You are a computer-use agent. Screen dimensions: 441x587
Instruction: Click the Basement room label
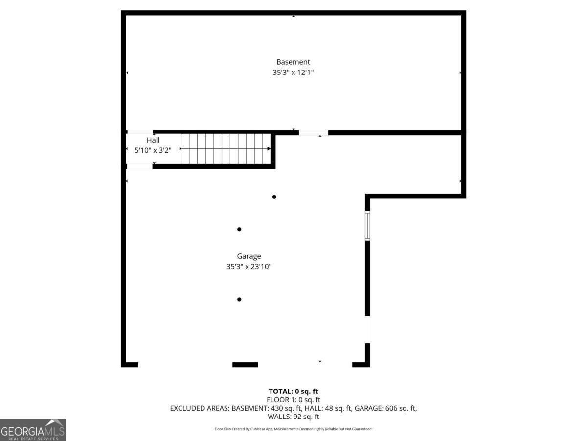[x=293, y=62]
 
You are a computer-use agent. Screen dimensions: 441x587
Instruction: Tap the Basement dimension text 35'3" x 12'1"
[x=293, y=73]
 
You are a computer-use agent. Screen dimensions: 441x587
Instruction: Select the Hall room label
[x=153, y=140]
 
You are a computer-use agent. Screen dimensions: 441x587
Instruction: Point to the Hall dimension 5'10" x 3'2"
[x=153, y=150]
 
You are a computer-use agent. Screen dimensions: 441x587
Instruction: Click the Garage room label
[x=249, y=256]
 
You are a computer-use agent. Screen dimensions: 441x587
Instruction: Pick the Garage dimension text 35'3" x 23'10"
[x=249, y=267]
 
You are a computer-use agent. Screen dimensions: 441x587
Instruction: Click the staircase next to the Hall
[x=225, y=148]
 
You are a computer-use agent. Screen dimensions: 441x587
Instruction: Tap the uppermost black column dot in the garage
[x=274, y=197]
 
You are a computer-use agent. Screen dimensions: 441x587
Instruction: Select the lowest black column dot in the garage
[x=239, y=299]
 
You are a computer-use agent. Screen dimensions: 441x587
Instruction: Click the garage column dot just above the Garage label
[x=239, y=229]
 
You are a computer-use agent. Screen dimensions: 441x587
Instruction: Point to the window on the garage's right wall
[x=367, y=225]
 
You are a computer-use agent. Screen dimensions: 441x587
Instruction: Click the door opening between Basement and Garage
[x=313, y=132]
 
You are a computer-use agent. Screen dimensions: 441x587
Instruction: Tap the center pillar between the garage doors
[x=245, y=364]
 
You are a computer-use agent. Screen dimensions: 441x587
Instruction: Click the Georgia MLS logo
[x=33, y=430]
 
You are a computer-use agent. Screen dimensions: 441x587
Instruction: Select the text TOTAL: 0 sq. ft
[x=293, y=391]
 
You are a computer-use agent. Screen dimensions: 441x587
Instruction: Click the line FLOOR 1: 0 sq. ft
[x=293, y=399]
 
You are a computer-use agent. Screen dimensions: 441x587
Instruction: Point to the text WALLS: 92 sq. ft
[x=293, y=416]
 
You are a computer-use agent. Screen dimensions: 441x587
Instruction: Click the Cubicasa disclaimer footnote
[x=293, y=429]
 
